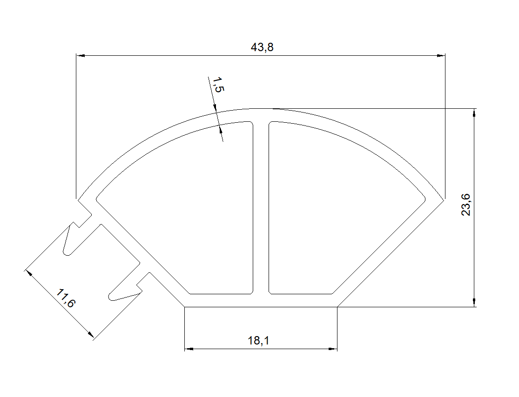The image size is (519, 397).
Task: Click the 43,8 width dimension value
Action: (262, 47)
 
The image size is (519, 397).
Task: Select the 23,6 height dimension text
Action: (466, 205)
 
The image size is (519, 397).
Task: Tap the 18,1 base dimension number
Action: (258, 340)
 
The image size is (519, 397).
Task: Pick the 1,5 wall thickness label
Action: (218, 85)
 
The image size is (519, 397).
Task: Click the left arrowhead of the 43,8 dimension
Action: (81, 55)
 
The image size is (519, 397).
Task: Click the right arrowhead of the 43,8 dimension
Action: (441, 55)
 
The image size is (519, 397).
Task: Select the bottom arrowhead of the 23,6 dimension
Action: (474, 303)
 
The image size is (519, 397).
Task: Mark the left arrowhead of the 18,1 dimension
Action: (189, 349)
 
